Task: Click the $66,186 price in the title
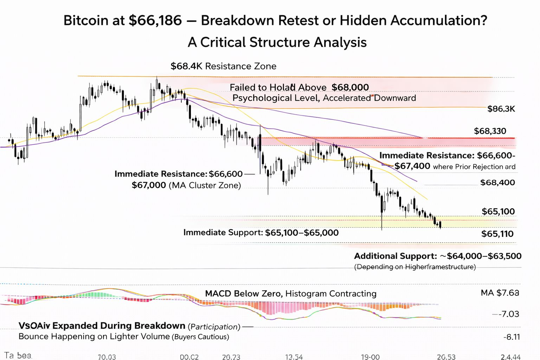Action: click(x=155, y=20)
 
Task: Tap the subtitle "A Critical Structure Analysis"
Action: click(x=277, y=43)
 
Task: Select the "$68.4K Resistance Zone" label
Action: click(x=223, y=66)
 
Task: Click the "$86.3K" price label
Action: click(x=501, y=109)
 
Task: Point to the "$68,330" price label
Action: click(x=490, y=131)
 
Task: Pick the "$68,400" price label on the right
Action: click(x=497, y=182)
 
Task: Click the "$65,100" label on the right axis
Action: click(x=498, y=211)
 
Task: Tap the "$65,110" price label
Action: click(x=497, y=234)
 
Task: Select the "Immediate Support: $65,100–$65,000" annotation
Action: click(x=261, y=232)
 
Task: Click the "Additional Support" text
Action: click(x=395, y=256)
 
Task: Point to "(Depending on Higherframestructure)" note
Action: click(x=415, y=267)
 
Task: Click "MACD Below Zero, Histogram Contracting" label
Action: click(x=290, y=294)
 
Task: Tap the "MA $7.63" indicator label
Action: click(x=500, y=293)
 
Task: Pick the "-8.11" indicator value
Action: click(x=511, y=337)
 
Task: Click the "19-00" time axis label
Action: click(x=370, y=357)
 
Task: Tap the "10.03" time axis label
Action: click(x=107, y=357)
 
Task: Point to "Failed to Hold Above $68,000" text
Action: click(x=299, y=87)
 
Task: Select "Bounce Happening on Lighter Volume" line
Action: click(x=94, y=336)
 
